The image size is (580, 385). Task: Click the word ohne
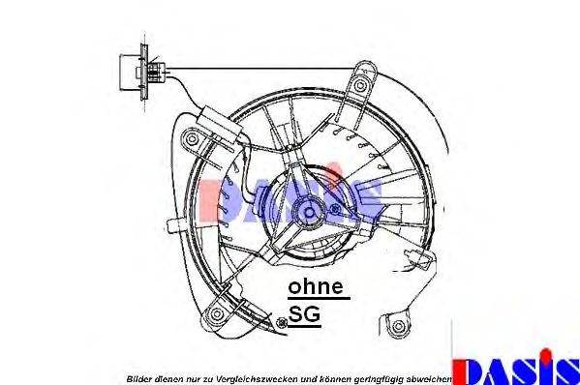pyautogui.click(x=316, y=286)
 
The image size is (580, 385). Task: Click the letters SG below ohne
pyautogui.click(x=304, y=314)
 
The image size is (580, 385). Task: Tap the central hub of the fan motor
pyautogui.click(x=309, y=212)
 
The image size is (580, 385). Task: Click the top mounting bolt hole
pyautogui.click(x=360, y=85)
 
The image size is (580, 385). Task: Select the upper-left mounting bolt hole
pyautogui.click(x=192, y=139)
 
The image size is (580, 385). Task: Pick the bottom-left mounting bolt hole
pyautogui.click(x=216, y=314)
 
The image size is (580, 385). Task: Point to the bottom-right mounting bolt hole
pyautogui.click(x=398, y=326)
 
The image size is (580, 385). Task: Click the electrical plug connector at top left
pyautogui.click(x=142, y=72)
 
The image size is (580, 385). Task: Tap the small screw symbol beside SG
pyautogui.click(x=282, y=322)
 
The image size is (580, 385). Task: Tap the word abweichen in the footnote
pyautogui.click(x=430, y=379)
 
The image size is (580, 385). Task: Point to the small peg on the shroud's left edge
pyautogui.click(x=173, y=224)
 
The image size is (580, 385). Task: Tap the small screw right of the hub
pyautogui.click(x=335, y=209)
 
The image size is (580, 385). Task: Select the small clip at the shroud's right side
pyautogui.click(x=415, y=255)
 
